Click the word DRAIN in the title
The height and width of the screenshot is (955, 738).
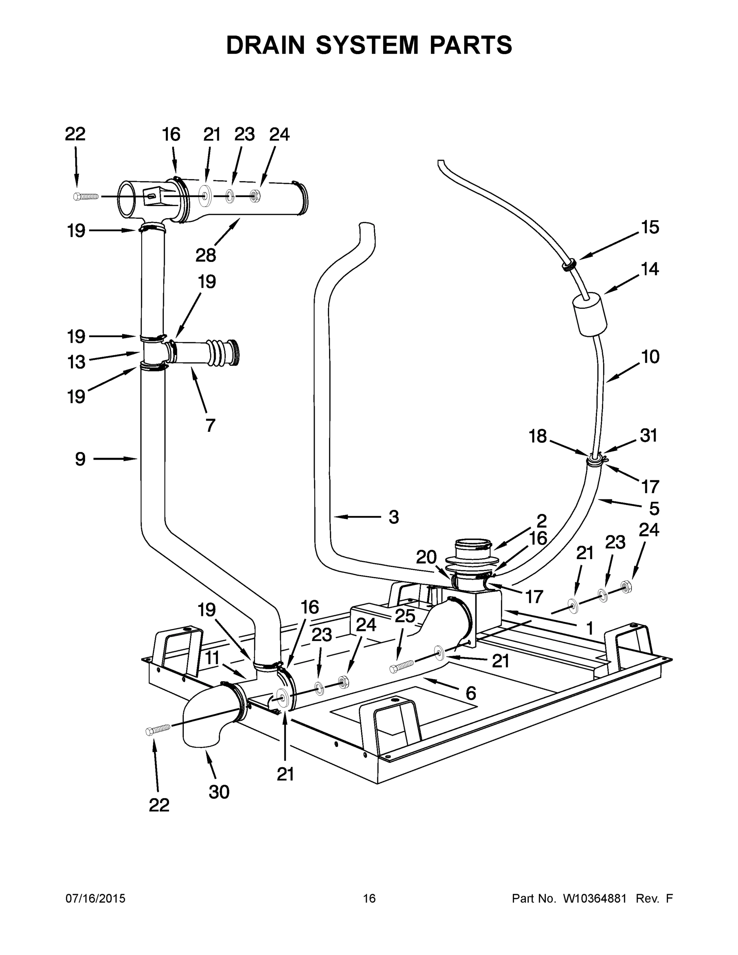click(x=265, y=45)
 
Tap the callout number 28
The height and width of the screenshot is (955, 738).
click(x=205, y=255)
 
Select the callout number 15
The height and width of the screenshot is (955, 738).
click(x=650, y=227)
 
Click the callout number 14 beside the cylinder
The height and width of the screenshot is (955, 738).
click(x=650, y=269)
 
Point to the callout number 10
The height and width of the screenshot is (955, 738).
click(x=650, y=357)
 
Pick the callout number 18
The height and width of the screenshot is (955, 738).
click(x=538, y=436)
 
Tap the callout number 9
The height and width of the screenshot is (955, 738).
click(x=80, y=459)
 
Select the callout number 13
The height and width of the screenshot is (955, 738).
click(x=76, y=362)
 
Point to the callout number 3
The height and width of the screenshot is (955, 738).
click(x=393, y=517)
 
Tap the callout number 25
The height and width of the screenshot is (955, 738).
click(x=405, y=616)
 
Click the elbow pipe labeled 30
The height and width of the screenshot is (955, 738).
click(x=205, y=717)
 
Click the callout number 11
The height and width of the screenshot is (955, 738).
click(x=212, y=658)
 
